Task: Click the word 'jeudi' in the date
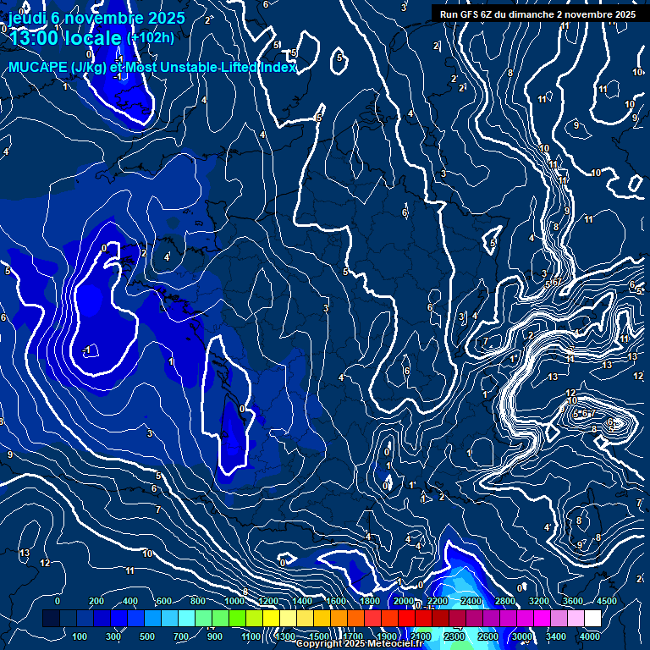pyautogui.click(x=26, y=17)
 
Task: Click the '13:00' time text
pyautogui.click(x=35, y=39)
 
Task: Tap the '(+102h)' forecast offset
pyautogui.click(x=150, y=38)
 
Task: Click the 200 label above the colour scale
pyautogui.click(x=96, y=601)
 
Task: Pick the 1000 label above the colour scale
pyautogui.click(x=234, y=601)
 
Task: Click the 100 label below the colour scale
pyautogui.click(x=80, y=636)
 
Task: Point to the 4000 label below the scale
pyautogui.click(x=590, y=636)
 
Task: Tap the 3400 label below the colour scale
pyautogui.click(x=556, y=636)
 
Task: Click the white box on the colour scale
pyautogui.click(x=591, y=619)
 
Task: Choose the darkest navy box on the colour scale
pyautogui.click(x=51, y=619)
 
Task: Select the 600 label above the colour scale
pyautogui.click(x=164, y=601)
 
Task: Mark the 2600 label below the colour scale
pyautogui.click(x=488, y=636)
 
